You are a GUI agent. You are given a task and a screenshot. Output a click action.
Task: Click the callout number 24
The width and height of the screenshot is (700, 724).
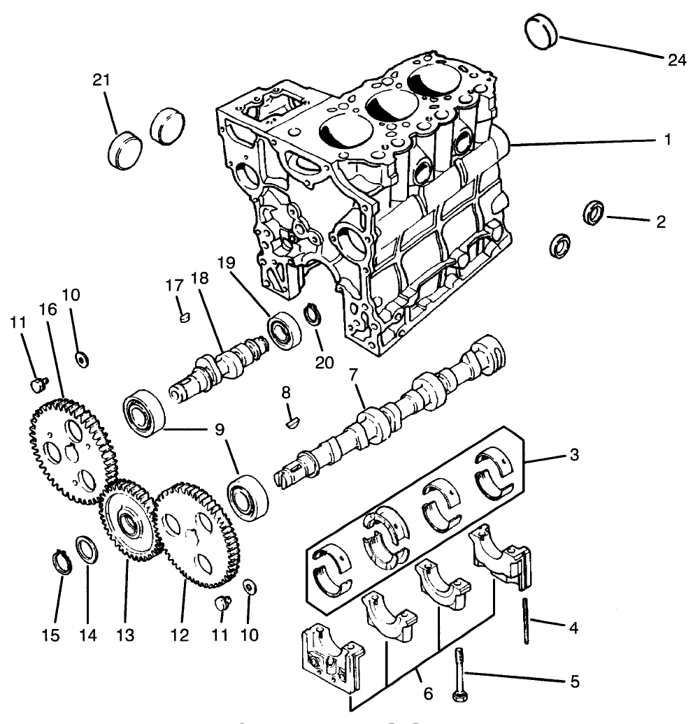coord(676,60)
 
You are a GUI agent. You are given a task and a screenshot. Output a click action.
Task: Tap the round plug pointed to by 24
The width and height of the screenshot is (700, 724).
coord(539,31)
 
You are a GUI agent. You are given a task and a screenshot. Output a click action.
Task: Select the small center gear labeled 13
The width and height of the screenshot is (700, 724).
coord(127,521)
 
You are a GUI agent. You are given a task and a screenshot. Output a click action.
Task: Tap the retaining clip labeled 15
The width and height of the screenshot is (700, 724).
coord(63,561)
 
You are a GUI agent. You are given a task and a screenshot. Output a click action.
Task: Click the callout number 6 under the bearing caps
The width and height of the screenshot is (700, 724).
coord(428,694)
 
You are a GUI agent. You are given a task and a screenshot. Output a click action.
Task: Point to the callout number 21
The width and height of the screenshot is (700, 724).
coord(102,80)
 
